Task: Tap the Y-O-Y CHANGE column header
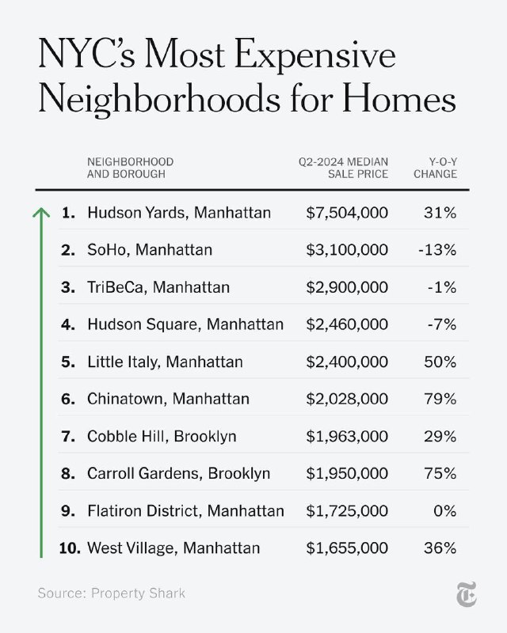[x=435, y=168]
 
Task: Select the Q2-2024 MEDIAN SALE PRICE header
[x=343, y=168]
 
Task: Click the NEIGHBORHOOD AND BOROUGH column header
[x=130, y=168]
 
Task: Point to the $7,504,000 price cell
[x=347, y=213]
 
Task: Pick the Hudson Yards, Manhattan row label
[x=179, y=213]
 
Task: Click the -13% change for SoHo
[x=436, y=250]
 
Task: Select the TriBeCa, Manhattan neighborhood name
[x=158, y=287]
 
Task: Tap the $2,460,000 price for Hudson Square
[x=347, y=324]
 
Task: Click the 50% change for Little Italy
[x=440, y=362]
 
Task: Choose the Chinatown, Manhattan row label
[x=168, y=399]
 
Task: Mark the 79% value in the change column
[x=440, y=399]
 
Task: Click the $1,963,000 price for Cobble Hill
[x=347, y=436]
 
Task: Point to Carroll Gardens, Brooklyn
[x=178, y=473]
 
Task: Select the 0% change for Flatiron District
[x=444, y=510]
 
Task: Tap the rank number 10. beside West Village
[x=70, y=548]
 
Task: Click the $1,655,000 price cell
[x=347, y=548]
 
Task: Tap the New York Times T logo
[x=462, y=593]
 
